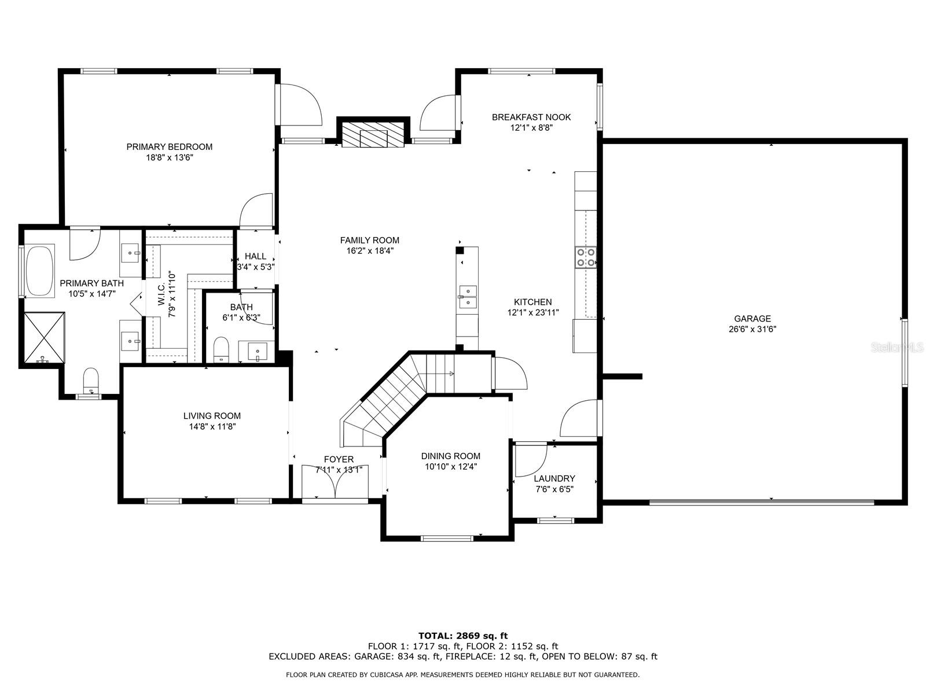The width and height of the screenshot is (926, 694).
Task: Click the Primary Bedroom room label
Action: (x=169, y=147)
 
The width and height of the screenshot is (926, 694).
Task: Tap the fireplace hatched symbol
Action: (x=373, y=135)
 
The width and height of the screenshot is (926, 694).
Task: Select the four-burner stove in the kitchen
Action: (x=586, y=257)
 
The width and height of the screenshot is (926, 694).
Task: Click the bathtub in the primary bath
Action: (x=40, y=271)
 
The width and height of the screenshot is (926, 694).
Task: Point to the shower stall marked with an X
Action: (x=45, y=337)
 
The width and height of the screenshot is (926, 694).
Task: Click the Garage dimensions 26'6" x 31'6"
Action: (x=752, y=329)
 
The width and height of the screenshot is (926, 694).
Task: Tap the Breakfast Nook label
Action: (x=531, y=117)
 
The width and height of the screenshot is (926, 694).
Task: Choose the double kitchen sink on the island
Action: (x=468, y=297)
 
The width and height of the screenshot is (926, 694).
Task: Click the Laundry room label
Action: (x=554, y=479)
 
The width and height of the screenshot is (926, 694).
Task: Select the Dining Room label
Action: (x=450, y=456)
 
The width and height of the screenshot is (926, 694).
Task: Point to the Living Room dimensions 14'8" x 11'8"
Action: (x=212, y=426)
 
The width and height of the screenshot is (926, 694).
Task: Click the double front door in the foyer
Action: (x=335, y=482)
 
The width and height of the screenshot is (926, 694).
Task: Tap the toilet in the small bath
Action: (x=221, y=348)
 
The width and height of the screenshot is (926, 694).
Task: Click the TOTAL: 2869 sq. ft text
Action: (x=463, y=636)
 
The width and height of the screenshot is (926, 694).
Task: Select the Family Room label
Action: (x=370, y=240)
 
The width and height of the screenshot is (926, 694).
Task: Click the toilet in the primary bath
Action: (x=91, y=381)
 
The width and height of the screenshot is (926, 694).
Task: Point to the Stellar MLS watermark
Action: (x=897, y=347)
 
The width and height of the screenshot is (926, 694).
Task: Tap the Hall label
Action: (x=255, y=256)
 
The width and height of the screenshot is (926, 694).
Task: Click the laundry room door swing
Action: (x=531, y=460)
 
